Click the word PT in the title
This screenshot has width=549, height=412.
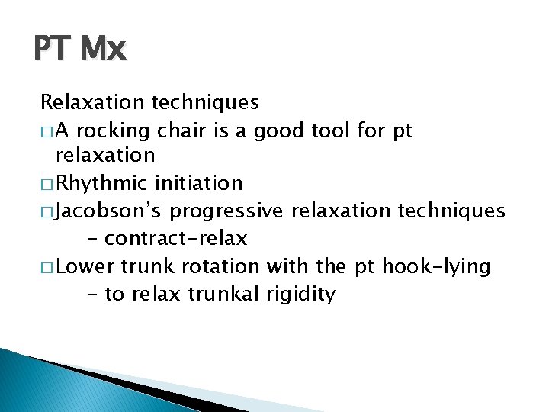[51, 50]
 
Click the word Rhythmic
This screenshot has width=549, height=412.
[103, 183]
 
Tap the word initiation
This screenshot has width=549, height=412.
[198, 183]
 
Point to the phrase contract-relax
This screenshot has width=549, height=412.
[175, 239]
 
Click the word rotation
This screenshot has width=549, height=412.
[219, 266]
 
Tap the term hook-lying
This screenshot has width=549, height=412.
[435, 266]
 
